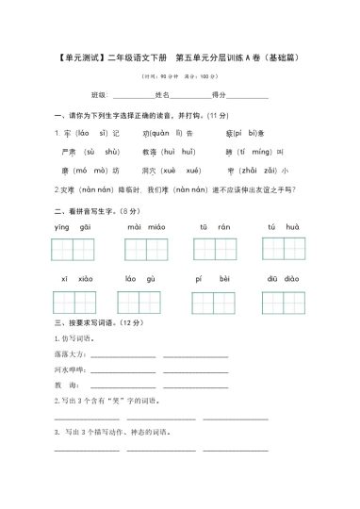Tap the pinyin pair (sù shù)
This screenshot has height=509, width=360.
(x=101, y=151)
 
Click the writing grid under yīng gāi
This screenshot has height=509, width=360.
(x=74, y=249)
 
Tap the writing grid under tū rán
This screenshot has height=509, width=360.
(x=215, y=249)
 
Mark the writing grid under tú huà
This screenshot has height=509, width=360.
(x=284, y=249)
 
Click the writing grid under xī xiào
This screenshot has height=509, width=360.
(x=74, y=303)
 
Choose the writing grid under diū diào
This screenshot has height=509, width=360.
(x=284, y=303)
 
